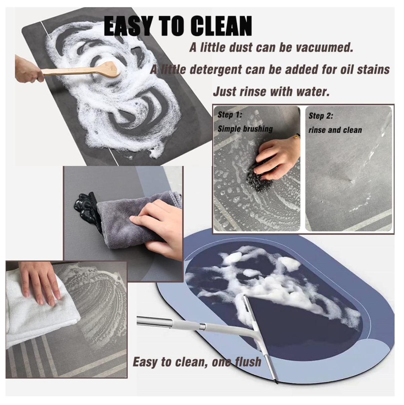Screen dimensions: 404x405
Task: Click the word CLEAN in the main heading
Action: coord(221,26)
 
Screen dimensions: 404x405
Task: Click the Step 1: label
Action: coord(230,115)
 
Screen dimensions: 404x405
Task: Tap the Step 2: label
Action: coord(321,116)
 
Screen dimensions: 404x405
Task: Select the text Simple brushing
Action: coord(245,129)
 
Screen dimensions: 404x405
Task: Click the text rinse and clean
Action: coord(335,130)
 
